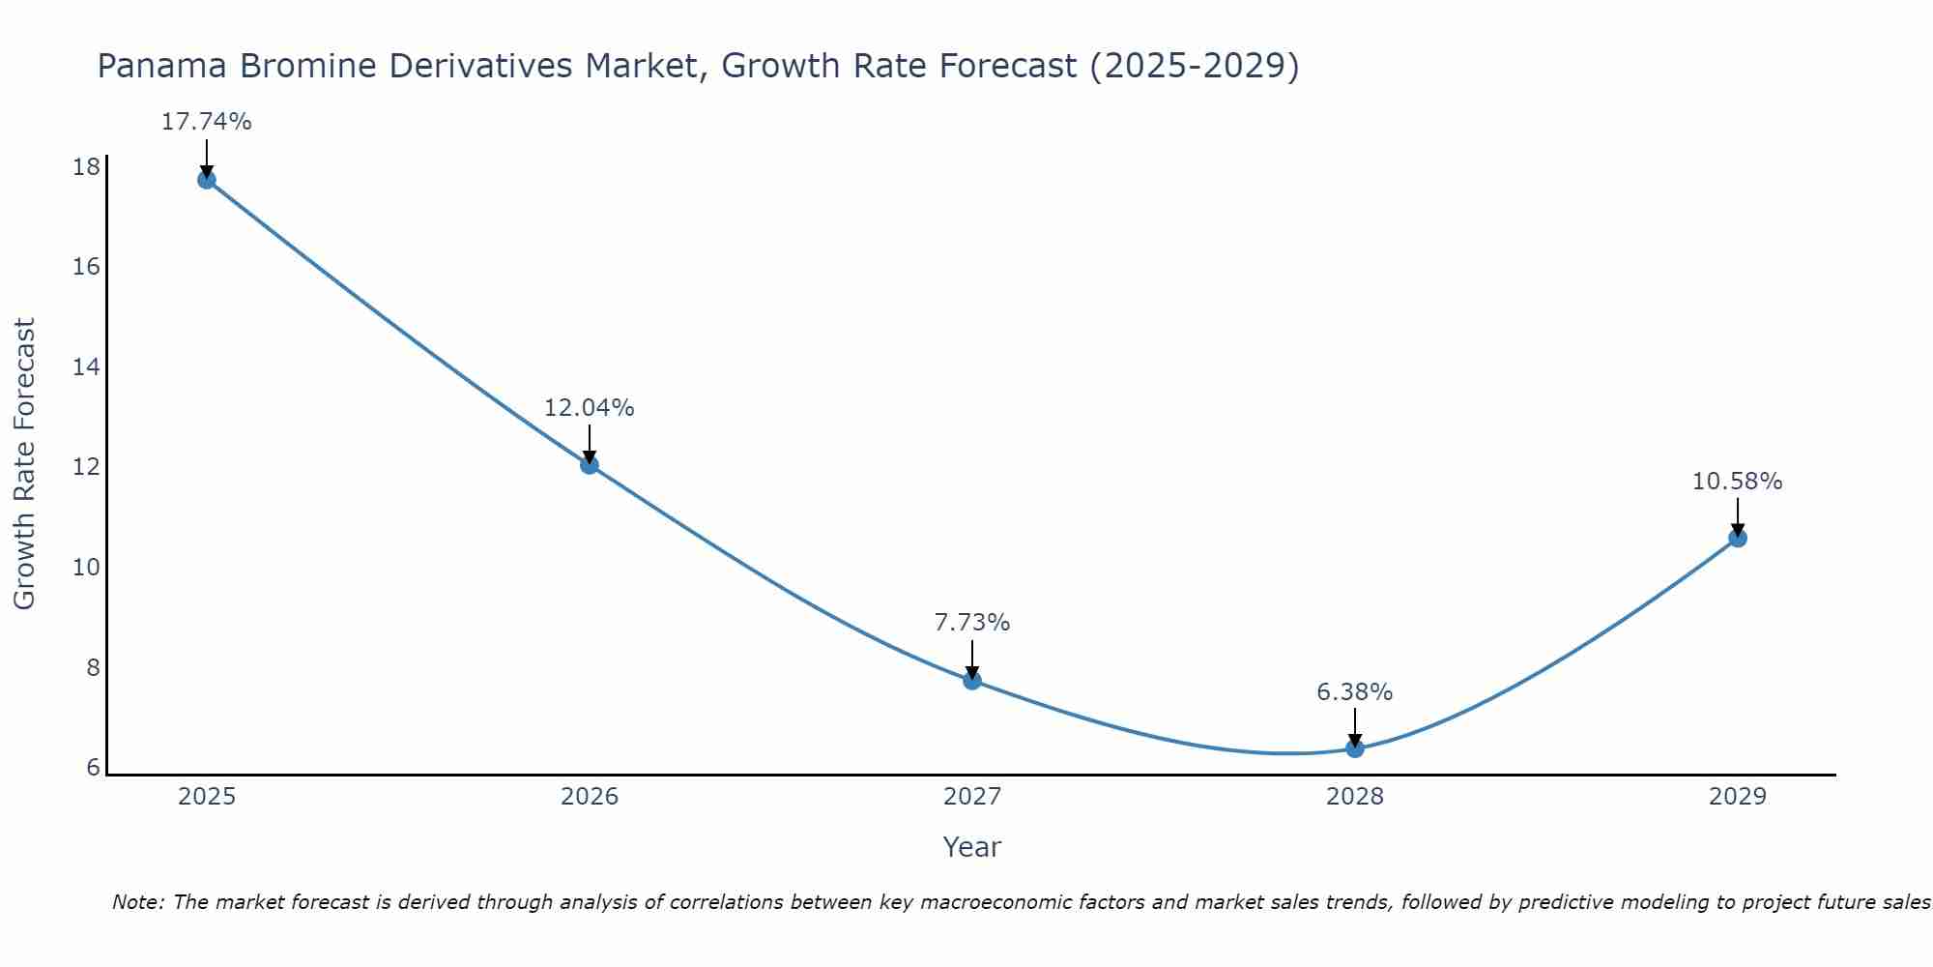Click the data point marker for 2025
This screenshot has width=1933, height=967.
[206, 180]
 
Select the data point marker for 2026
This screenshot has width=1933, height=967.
[590, 465]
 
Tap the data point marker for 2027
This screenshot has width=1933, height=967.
[972, 681]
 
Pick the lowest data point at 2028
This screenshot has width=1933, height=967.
[1355, 748]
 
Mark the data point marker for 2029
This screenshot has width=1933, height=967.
[1738, 539]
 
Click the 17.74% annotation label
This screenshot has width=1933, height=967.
[206, 122]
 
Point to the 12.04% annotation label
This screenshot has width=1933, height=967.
[590, 408]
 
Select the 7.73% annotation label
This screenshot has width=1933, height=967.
[972, 623]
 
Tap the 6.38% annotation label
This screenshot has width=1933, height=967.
[1355, 692]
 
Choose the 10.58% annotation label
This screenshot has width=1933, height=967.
[1738, 482]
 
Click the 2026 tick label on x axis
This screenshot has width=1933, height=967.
[590, 797]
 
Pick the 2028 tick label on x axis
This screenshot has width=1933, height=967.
[1355, 797]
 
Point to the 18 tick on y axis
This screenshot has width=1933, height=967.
[86, 167]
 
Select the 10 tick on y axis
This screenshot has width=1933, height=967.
[86, 567]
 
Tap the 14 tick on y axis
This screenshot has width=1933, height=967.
[86, 366]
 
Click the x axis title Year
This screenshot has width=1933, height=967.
[972, 847]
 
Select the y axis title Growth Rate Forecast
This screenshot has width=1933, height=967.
[24, 464]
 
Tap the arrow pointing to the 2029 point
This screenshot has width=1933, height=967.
[1738, 517]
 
